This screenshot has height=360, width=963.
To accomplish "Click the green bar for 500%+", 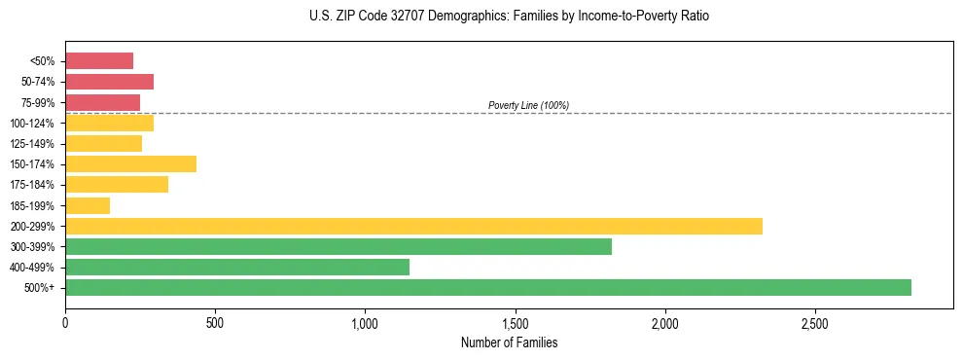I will (487, 287).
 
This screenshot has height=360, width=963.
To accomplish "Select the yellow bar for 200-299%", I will (413, 226).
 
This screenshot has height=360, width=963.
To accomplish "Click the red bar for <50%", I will (99, 60).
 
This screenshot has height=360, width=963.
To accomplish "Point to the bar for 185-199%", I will (88, 205).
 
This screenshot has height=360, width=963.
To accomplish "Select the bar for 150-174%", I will (130, 163).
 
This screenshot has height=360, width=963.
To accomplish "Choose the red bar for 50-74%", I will (109, 81).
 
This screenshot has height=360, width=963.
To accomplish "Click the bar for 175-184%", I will (117, 184).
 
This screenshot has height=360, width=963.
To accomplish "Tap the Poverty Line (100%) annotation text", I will (528, 105).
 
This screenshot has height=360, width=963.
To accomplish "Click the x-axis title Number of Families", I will (509, 342).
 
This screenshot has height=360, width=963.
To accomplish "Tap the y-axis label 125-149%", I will (33, 143).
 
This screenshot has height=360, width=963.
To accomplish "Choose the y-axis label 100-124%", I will (33, 123).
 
